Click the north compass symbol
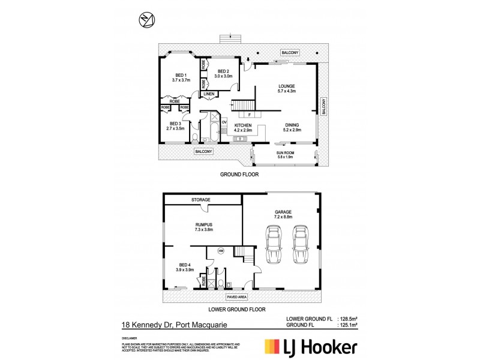pyautogui.click(x=146, y=20)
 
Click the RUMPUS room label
pyautogui.click(x=203, y=226)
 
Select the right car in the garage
pyautogui.click(x=301, y=244)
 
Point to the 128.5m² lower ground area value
pyautogui.click(x=350, y=320)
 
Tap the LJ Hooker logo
pyautogui.click(x=312, y=347)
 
